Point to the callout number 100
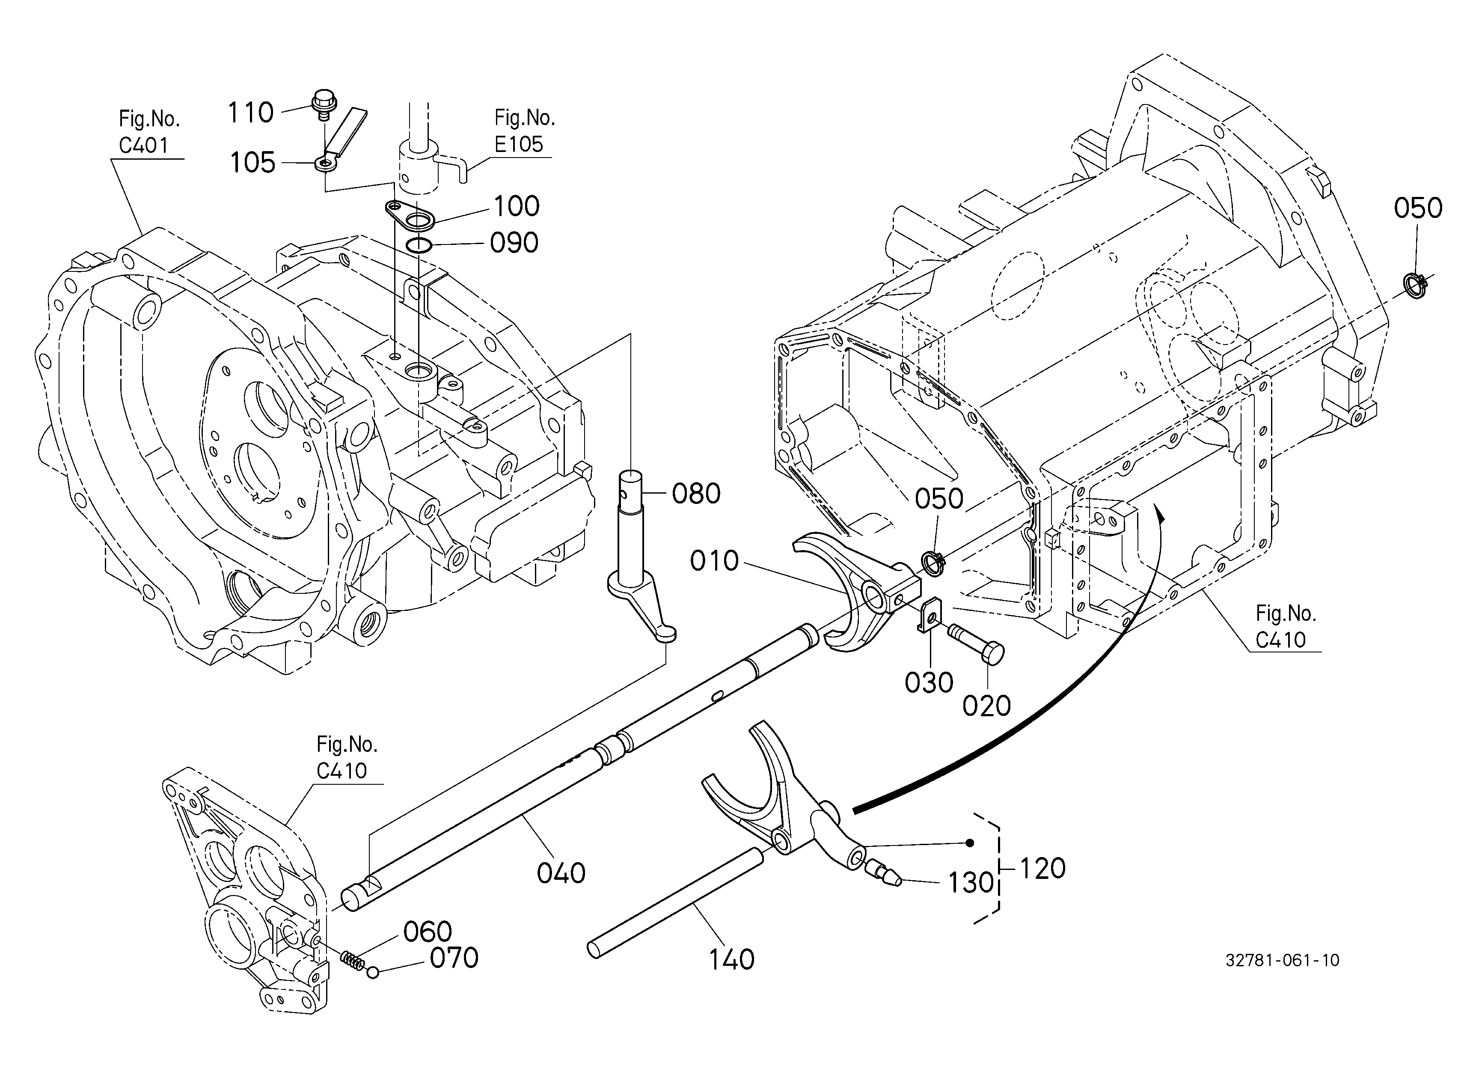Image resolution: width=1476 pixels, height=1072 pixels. point(517,206)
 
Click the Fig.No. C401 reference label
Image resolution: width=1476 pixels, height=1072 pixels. point(148,132)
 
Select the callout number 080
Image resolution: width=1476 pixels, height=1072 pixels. point(696,494)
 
